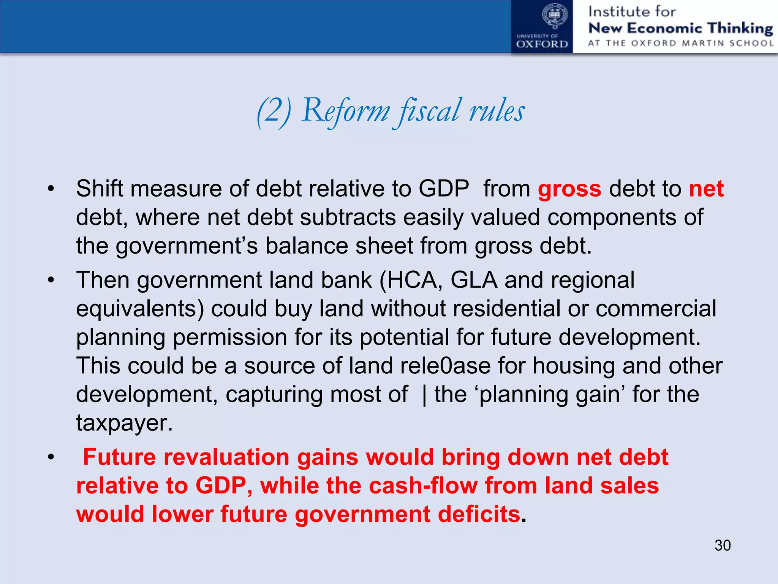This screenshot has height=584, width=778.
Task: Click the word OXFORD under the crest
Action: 542,44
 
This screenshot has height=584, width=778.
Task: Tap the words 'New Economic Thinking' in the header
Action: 680,28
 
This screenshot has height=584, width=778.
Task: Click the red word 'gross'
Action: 569,189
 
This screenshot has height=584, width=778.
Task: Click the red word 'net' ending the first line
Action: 706,189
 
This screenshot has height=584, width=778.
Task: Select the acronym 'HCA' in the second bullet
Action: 412,281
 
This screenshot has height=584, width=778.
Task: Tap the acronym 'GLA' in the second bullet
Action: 474,281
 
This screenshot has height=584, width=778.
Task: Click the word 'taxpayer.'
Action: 124,423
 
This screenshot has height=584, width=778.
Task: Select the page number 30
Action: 722,545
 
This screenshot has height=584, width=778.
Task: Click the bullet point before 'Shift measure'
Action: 51,189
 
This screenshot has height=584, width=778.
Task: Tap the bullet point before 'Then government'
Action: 51,281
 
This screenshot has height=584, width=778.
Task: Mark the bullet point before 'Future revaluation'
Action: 51,457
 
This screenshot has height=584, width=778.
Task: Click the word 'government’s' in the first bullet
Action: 187,246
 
